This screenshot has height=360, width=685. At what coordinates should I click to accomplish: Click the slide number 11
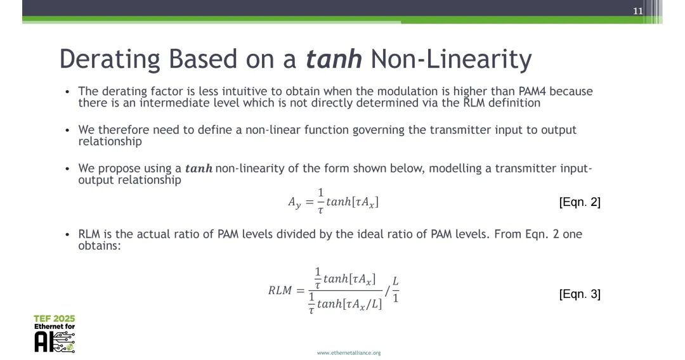[x=638, y=11]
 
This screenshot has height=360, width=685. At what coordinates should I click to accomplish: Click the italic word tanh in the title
[x=334, y=59]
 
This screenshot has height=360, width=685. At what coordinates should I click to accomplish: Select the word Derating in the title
[x=110, y=60]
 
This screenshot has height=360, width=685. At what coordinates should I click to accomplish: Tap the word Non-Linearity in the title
[x=451, y=60]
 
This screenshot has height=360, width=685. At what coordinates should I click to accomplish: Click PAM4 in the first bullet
[x=532, y=91]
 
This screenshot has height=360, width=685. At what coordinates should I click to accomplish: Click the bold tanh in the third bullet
[x=199, y=169]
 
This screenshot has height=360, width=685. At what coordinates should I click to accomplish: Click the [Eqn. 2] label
[x=580, y=202]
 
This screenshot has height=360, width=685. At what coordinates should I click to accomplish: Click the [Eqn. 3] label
[x=580, y=294]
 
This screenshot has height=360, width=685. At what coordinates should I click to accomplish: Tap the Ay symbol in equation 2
[x=294, y=202]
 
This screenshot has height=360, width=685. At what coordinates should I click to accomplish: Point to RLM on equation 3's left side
[x=280, y=290]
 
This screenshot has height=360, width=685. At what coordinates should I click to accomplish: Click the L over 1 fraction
[x=395, y=290]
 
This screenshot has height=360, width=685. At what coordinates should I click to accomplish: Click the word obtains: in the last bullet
[x=100, y=246]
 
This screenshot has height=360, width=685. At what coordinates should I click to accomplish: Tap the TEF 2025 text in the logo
[x=55, y=319]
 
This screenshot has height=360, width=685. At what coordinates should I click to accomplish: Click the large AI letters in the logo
[x=43, y=342]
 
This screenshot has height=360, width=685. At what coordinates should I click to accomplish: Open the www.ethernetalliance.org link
[x=349, y=352]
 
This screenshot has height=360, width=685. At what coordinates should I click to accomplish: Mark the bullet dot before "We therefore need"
[x=67, y=130]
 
